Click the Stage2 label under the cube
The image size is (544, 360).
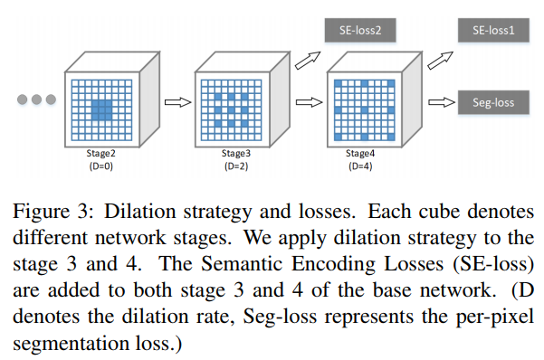[x=100, y=156]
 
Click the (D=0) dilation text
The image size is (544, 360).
[x=100, y=166]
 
